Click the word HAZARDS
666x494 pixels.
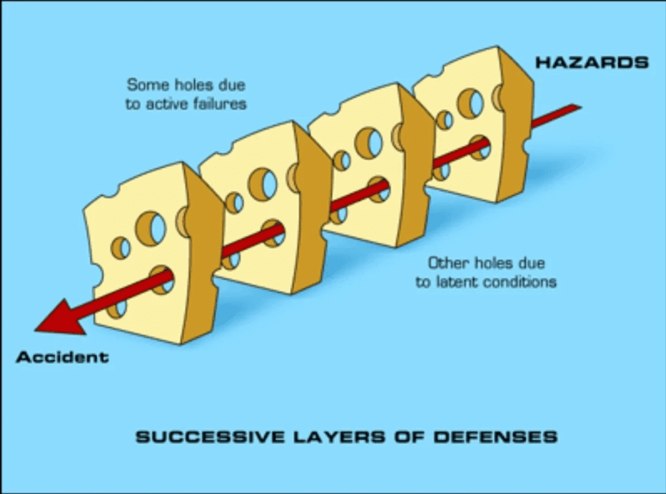pyautogui.click(x=591, y=62)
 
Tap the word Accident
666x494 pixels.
pyautogui.click(x=62, y=357)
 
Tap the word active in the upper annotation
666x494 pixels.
pyautogui.click(x=166, y=103)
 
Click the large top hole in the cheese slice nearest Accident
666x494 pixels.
pyautogui.click(x=151, y=228)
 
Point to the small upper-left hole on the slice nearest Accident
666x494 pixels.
pyautogui.click(x=121, y=247)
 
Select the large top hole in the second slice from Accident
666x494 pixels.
pyautogui.click(x=263, y=184)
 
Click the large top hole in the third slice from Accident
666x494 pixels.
pyautogui.click(x=369, y=142)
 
